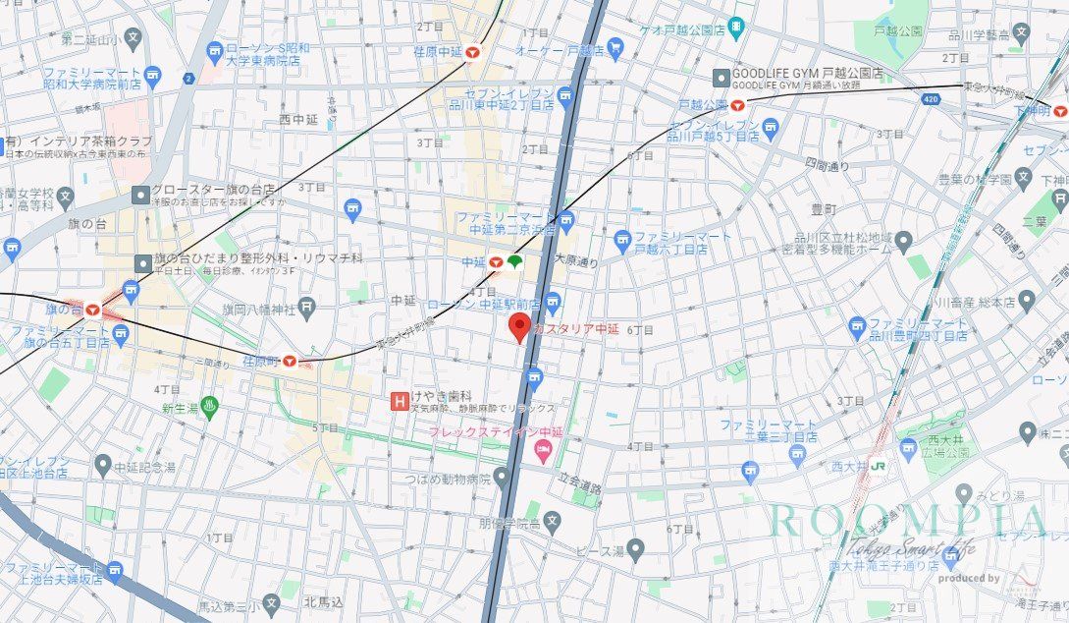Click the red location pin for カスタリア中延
tap(519, 327)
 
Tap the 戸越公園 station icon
tap(737, 103)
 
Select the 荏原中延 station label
tap(438, 51)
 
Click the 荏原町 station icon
tap(290, 362)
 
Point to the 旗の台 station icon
tap(92, 309)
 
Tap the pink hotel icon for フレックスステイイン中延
tap(542, 451)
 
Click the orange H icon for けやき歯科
tap(399, 400)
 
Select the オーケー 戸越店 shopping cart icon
tap(615, 46)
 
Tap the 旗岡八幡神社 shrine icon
tap(306, 307)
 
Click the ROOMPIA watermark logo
tap(908, 522)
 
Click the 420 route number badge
tap(931, 99)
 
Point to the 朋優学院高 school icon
tap(552, 521)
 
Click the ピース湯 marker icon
tap(635, 548)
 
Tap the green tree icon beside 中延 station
tap(514, 260)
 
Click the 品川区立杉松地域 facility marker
tap(903, 239)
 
